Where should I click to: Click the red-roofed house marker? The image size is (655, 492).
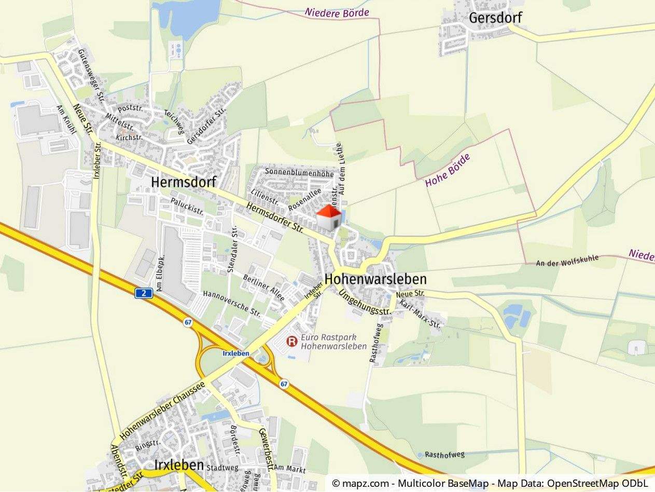click(329, 217)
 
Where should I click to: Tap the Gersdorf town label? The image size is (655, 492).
click(495, 18)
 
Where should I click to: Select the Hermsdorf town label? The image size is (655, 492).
click(183, 182)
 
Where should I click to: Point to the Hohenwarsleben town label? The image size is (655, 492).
click(375, 279)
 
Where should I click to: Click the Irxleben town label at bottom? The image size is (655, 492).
click(178, 464)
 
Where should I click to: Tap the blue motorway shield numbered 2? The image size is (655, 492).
click(144, 294)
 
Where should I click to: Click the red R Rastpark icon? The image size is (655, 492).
click(292, 341)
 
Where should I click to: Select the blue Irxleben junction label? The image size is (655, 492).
click(236, 353)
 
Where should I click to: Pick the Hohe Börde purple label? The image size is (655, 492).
click(448, 170)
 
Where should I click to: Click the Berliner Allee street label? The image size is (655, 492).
click(264, 288)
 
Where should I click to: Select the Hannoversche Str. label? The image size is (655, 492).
click(232, 304)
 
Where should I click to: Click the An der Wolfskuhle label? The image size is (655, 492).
click(568, 261)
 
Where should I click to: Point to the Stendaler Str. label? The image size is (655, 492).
click(233, 250)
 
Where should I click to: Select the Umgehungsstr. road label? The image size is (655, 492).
click(364, 304)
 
